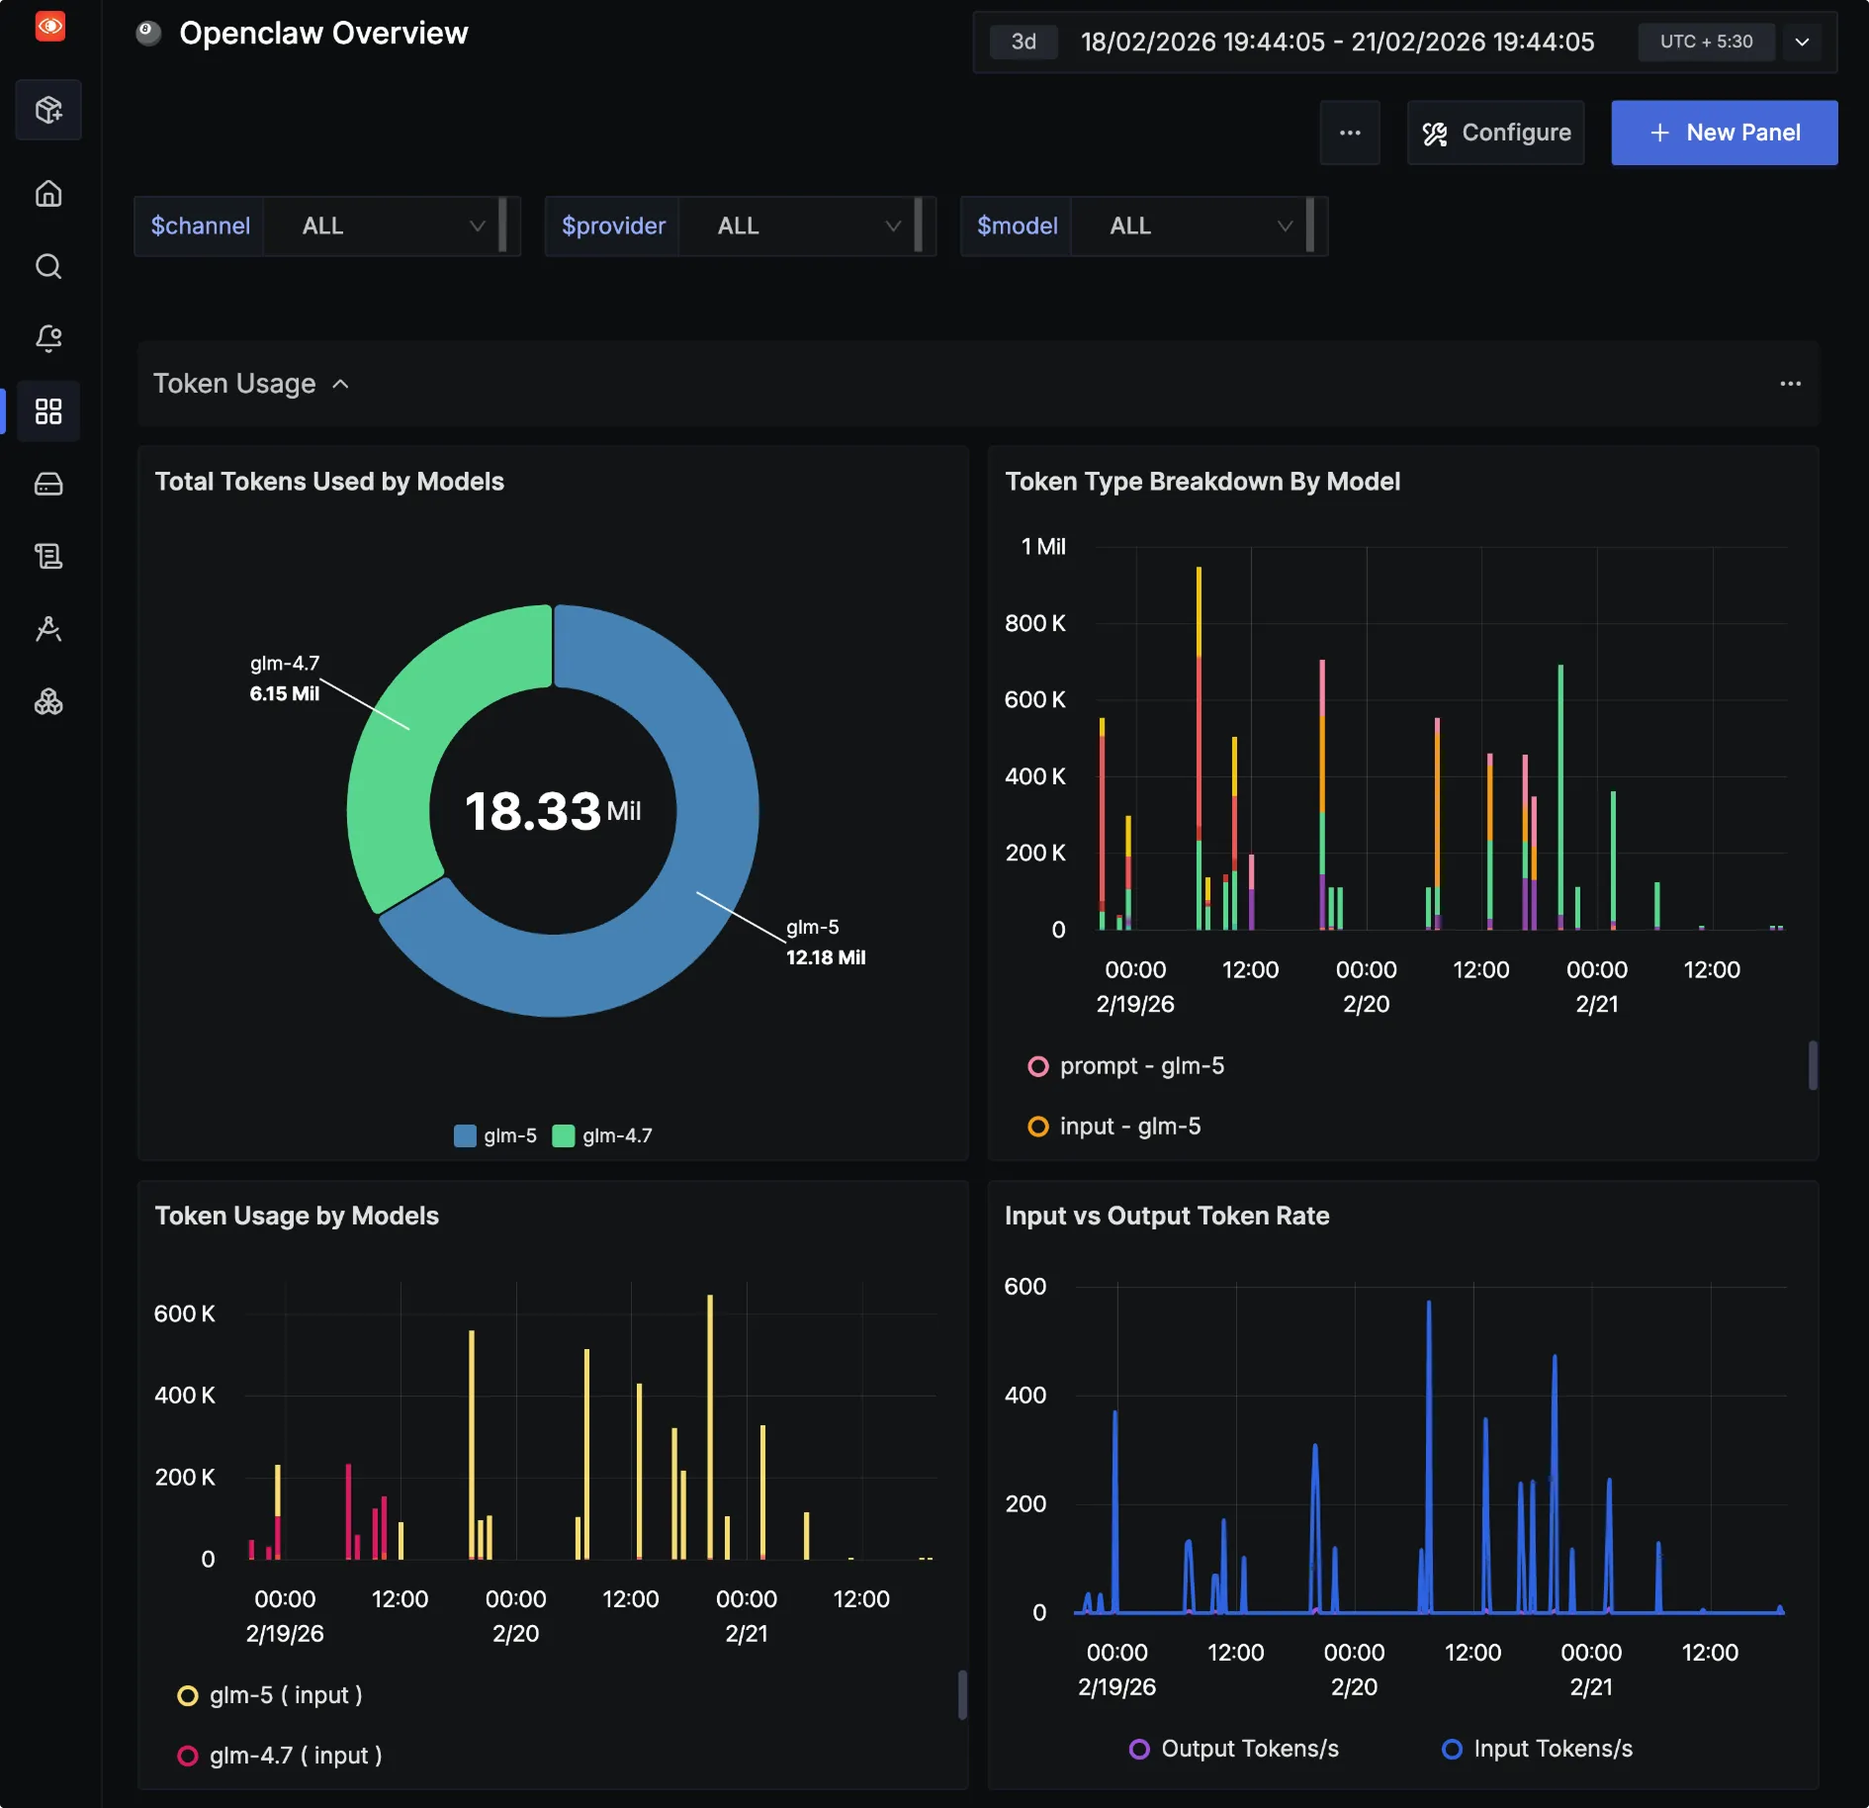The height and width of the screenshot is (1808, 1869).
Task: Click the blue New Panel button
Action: [x=1724, y=133]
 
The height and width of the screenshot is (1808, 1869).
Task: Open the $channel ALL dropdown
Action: [x=386, y=226]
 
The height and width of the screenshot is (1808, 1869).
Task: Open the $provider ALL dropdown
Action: [x=801, y=226]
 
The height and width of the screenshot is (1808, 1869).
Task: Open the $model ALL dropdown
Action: [x=1192, y=226]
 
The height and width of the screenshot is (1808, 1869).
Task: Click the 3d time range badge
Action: [x=1023, y=42]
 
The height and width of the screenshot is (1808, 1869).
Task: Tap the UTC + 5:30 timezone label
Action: [x=1706, y=42]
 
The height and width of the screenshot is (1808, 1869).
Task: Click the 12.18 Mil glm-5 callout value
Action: [x=826, y=957]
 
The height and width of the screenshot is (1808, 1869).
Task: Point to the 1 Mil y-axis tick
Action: [x=1042, y=547]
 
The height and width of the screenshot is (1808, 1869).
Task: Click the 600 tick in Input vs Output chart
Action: [x=1024, y=1287]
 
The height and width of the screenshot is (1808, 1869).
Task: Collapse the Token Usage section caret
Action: [x=340, y=384]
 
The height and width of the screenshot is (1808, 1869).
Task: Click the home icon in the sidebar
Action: [x=48, y=193]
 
